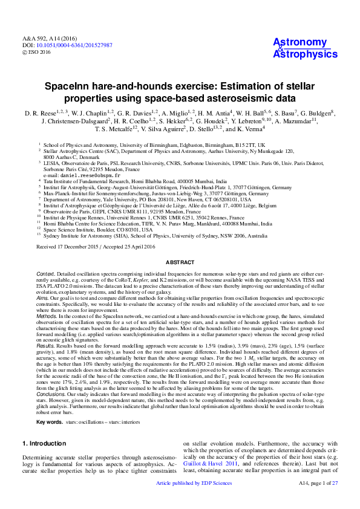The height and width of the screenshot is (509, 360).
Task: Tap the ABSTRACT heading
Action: coord(180,262)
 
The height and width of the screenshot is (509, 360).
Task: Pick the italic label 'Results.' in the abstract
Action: coord(46,346)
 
